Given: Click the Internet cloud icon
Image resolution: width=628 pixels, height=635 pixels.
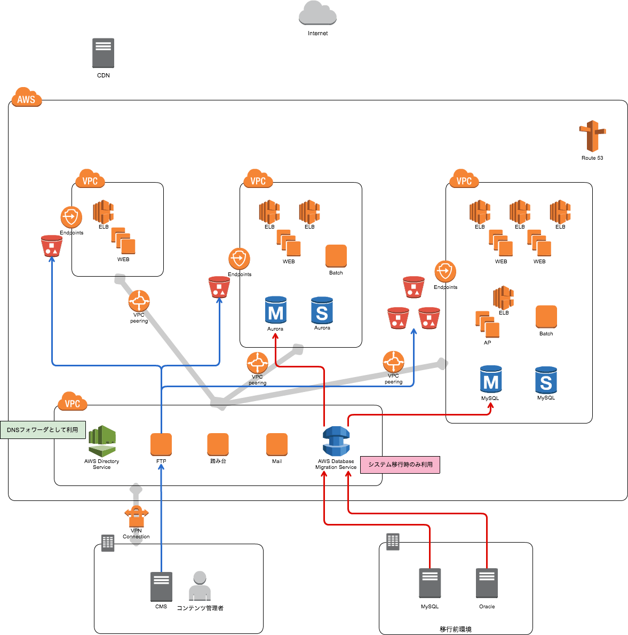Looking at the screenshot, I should pyautogui.click(x=317, y=13).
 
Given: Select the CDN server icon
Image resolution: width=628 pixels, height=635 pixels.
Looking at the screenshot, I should pyautogui.click(x=103, y=53).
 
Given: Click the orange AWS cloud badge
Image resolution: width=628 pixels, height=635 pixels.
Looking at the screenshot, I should pyautogui.click(x=26, y=98).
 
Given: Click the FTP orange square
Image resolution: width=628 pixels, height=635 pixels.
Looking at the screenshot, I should pyautogui.click(x=161, y=444).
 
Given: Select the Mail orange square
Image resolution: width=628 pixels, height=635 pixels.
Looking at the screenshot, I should pyautogui.click(x=277, y=444).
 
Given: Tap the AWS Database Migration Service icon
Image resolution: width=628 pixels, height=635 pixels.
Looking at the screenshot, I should pyautogui.click(x=336, y=442).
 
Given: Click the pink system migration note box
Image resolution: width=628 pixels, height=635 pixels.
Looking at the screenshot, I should pyautogui.click(x=400, y=465).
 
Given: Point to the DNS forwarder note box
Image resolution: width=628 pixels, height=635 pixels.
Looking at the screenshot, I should pyautogui.click(x=43, y=429).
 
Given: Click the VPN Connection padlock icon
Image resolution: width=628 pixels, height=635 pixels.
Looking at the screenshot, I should pyautogui.click(x=136, y=514).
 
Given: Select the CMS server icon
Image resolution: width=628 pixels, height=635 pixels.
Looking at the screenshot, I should pyautogui.click(x=161, y=586).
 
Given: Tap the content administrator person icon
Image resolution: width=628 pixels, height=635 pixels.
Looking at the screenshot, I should pyautogui.click(x=200, y=586).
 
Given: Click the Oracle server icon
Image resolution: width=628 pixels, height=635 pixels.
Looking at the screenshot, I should pyautogui.click(x=487, y=583).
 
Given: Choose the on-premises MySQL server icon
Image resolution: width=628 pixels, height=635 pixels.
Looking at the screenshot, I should pyautogui.click(x=430, y=583).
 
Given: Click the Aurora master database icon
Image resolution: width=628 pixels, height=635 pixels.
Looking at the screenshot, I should pyautogui.click(x=276, y=311).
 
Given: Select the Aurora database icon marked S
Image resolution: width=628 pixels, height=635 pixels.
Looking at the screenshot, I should pyautogui.click(x=322, y=311).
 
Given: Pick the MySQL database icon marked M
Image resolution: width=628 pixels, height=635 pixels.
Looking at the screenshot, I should pyautogui.click(x=491, y=380).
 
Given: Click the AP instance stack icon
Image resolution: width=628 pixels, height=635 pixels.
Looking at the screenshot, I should pyautogui.click(x=487, y=324).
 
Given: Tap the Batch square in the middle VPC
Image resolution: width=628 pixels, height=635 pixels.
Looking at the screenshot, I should pyautogui.click(x=336, y=256).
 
